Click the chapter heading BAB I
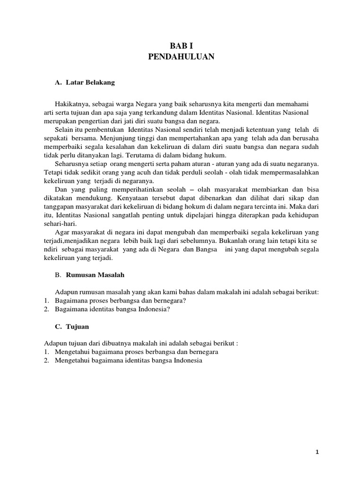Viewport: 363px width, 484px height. point(181,46)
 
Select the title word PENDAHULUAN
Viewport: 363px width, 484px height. point(181,57)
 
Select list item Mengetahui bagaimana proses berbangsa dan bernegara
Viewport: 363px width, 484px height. point(130,352)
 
